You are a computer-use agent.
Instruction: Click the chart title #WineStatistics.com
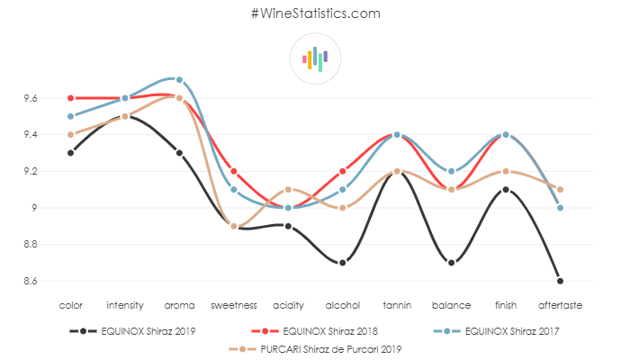pyautogui.click(x=315, y=13)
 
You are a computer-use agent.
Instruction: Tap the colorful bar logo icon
pyautogui.click(x=315, y=58)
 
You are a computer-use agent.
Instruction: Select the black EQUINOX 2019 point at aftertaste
pyautogui.click(x=560, y=281)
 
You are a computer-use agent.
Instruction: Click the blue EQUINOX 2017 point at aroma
pyautogui.click(x=179, y=79)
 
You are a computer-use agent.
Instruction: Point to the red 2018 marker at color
pyautogui.click(x=70, y=97)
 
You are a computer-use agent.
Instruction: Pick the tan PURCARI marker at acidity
pyautogui.click(x=288, y=189)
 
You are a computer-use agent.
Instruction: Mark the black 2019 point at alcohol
pyautogui.click(x=343, y=262)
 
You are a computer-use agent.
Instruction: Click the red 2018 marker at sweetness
pyautogui.click(x=234, y=171)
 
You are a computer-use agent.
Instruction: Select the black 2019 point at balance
pyautogui.click(x=451, y=262)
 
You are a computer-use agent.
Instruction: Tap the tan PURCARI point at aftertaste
pyautogui.click(x=560, y=189)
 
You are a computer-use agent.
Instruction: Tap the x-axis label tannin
pyautogui.click(x=397, y=306)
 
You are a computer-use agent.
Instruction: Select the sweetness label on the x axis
pyautogui.click(x=234, y=306)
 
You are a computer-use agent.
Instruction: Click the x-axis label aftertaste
pyautogui.click(x=560, y=306)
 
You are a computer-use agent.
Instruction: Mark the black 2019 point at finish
pyautogui.click(x=506, y=189)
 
